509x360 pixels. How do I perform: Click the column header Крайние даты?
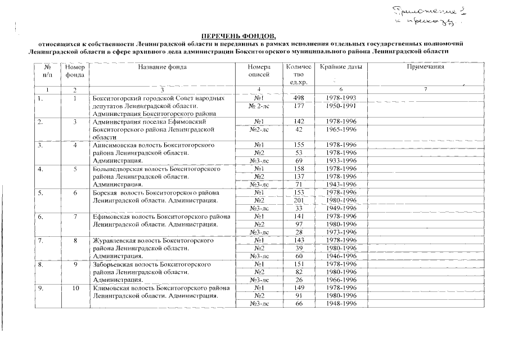[341, 67]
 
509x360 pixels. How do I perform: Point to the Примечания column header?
[425, 67]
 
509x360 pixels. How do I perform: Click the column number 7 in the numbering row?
[425, 90]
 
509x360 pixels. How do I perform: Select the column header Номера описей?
[259, 71]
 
